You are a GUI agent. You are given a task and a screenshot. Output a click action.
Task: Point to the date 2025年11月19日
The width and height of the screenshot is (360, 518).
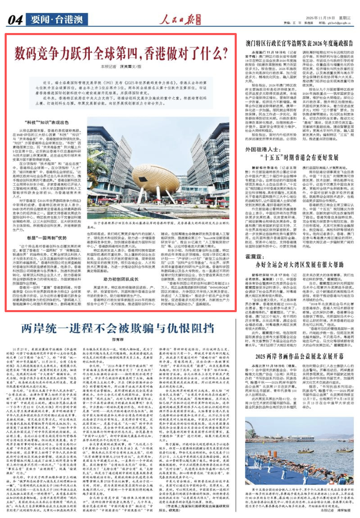tap(306, 16)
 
